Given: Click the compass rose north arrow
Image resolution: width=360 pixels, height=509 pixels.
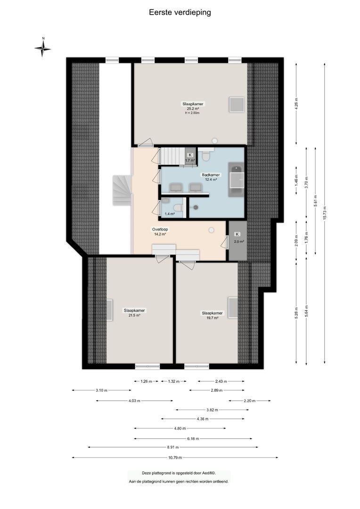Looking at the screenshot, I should (43, 48).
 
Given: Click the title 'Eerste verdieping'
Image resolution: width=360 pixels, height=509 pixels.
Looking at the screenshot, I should (180, 13).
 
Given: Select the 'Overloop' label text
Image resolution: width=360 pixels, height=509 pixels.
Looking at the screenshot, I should (160, 229).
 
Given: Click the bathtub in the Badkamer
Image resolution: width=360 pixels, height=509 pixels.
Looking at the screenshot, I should (236, 181).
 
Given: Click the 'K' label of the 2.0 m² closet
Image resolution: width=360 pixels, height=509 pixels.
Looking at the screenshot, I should (237, 234).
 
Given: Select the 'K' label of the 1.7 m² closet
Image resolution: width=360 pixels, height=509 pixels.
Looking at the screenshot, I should (190, 155).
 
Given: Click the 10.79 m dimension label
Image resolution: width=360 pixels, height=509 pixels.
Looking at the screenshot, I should (174, 457).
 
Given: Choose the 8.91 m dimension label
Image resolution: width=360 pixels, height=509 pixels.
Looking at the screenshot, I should (172, 447).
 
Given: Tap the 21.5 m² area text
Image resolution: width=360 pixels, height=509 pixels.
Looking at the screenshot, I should (134, 315).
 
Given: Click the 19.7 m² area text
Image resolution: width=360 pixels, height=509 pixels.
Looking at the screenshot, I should (212, 318).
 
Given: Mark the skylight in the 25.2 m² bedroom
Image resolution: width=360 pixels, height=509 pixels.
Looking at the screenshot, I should (236, 104).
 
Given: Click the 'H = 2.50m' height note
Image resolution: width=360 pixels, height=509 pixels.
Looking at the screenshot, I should (192, 113).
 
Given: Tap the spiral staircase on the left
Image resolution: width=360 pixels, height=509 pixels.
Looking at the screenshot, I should (121, 189).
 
